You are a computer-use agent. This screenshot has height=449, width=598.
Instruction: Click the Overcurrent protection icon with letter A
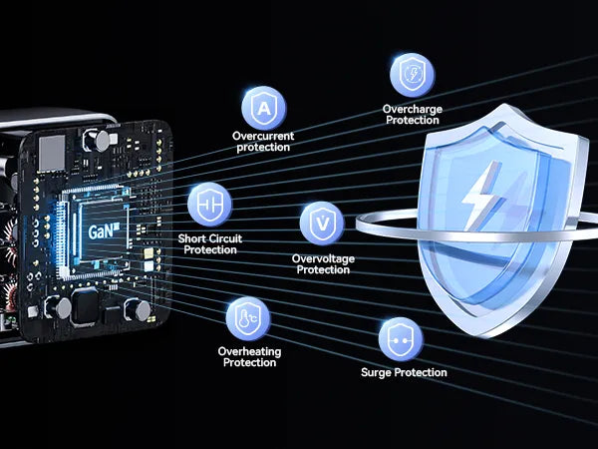point(264,108)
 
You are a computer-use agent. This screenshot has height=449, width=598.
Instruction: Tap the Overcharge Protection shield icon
point(413,75)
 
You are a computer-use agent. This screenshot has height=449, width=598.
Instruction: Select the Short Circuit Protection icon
point(209,205)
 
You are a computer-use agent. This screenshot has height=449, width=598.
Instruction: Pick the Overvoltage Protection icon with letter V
point(322,224)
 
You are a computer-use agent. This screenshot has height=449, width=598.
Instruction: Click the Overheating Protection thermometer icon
point(248,319)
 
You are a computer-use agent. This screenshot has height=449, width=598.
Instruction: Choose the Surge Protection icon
point(401,339)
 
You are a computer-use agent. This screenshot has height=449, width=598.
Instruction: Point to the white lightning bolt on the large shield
point(481,196)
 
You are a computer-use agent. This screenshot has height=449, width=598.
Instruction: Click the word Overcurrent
point(263,136)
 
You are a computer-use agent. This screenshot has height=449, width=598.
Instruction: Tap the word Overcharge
point(413,109)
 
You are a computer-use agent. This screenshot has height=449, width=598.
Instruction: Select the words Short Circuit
point(210,238)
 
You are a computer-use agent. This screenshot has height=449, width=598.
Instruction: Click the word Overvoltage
point(323,258)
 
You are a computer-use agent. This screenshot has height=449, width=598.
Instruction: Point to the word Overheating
point(249,351)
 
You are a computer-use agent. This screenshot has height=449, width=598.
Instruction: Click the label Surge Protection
point(404,372)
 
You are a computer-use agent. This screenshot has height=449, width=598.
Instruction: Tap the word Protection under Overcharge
point(413,121)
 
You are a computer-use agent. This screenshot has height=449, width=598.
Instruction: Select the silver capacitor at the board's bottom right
point(142,310)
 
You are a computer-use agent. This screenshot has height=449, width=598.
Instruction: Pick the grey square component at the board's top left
point(52,153)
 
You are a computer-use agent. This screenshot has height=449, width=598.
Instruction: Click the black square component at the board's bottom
point(85,306)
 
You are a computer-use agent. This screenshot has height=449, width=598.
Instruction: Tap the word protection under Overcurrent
point(263,148)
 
